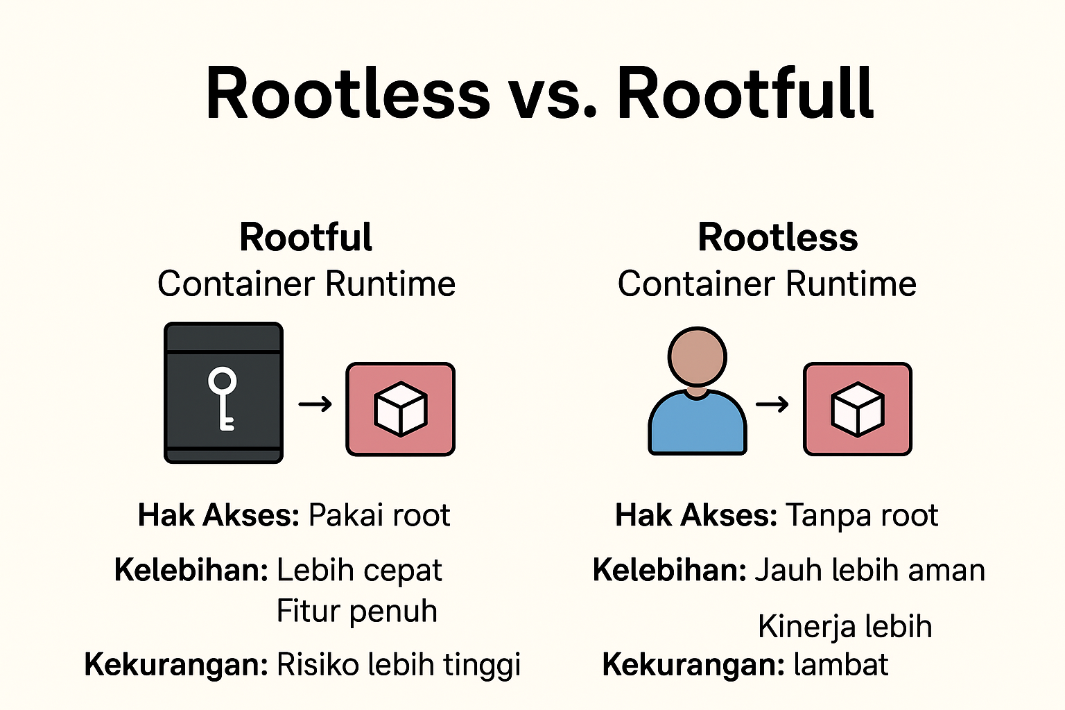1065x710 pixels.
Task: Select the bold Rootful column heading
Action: click(306, 237)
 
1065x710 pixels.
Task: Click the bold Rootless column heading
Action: click(778, 237)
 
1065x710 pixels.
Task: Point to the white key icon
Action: click(222, 399)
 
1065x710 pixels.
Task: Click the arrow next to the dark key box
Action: click(315, 404)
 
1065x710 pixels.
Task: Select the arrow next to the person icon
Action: click(772, 404)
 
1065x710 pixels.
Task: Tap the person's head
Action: click(697, 356)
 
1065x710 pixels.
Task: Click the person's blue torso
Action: click(698, 423)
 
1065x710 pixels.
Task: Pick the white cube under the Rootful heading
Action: click(400, 409)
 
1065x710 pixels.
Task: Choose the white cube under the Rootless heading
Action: click(857, 409)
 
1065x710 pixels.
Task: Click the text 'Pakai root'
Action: click(379, 515)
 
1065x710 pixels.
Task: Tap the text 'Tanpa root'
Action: click(862, 515)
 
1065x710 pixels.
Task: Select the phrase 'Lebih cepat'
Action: click(359, 571)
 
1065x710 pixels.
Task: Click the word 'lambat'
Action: click(841, 664)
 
